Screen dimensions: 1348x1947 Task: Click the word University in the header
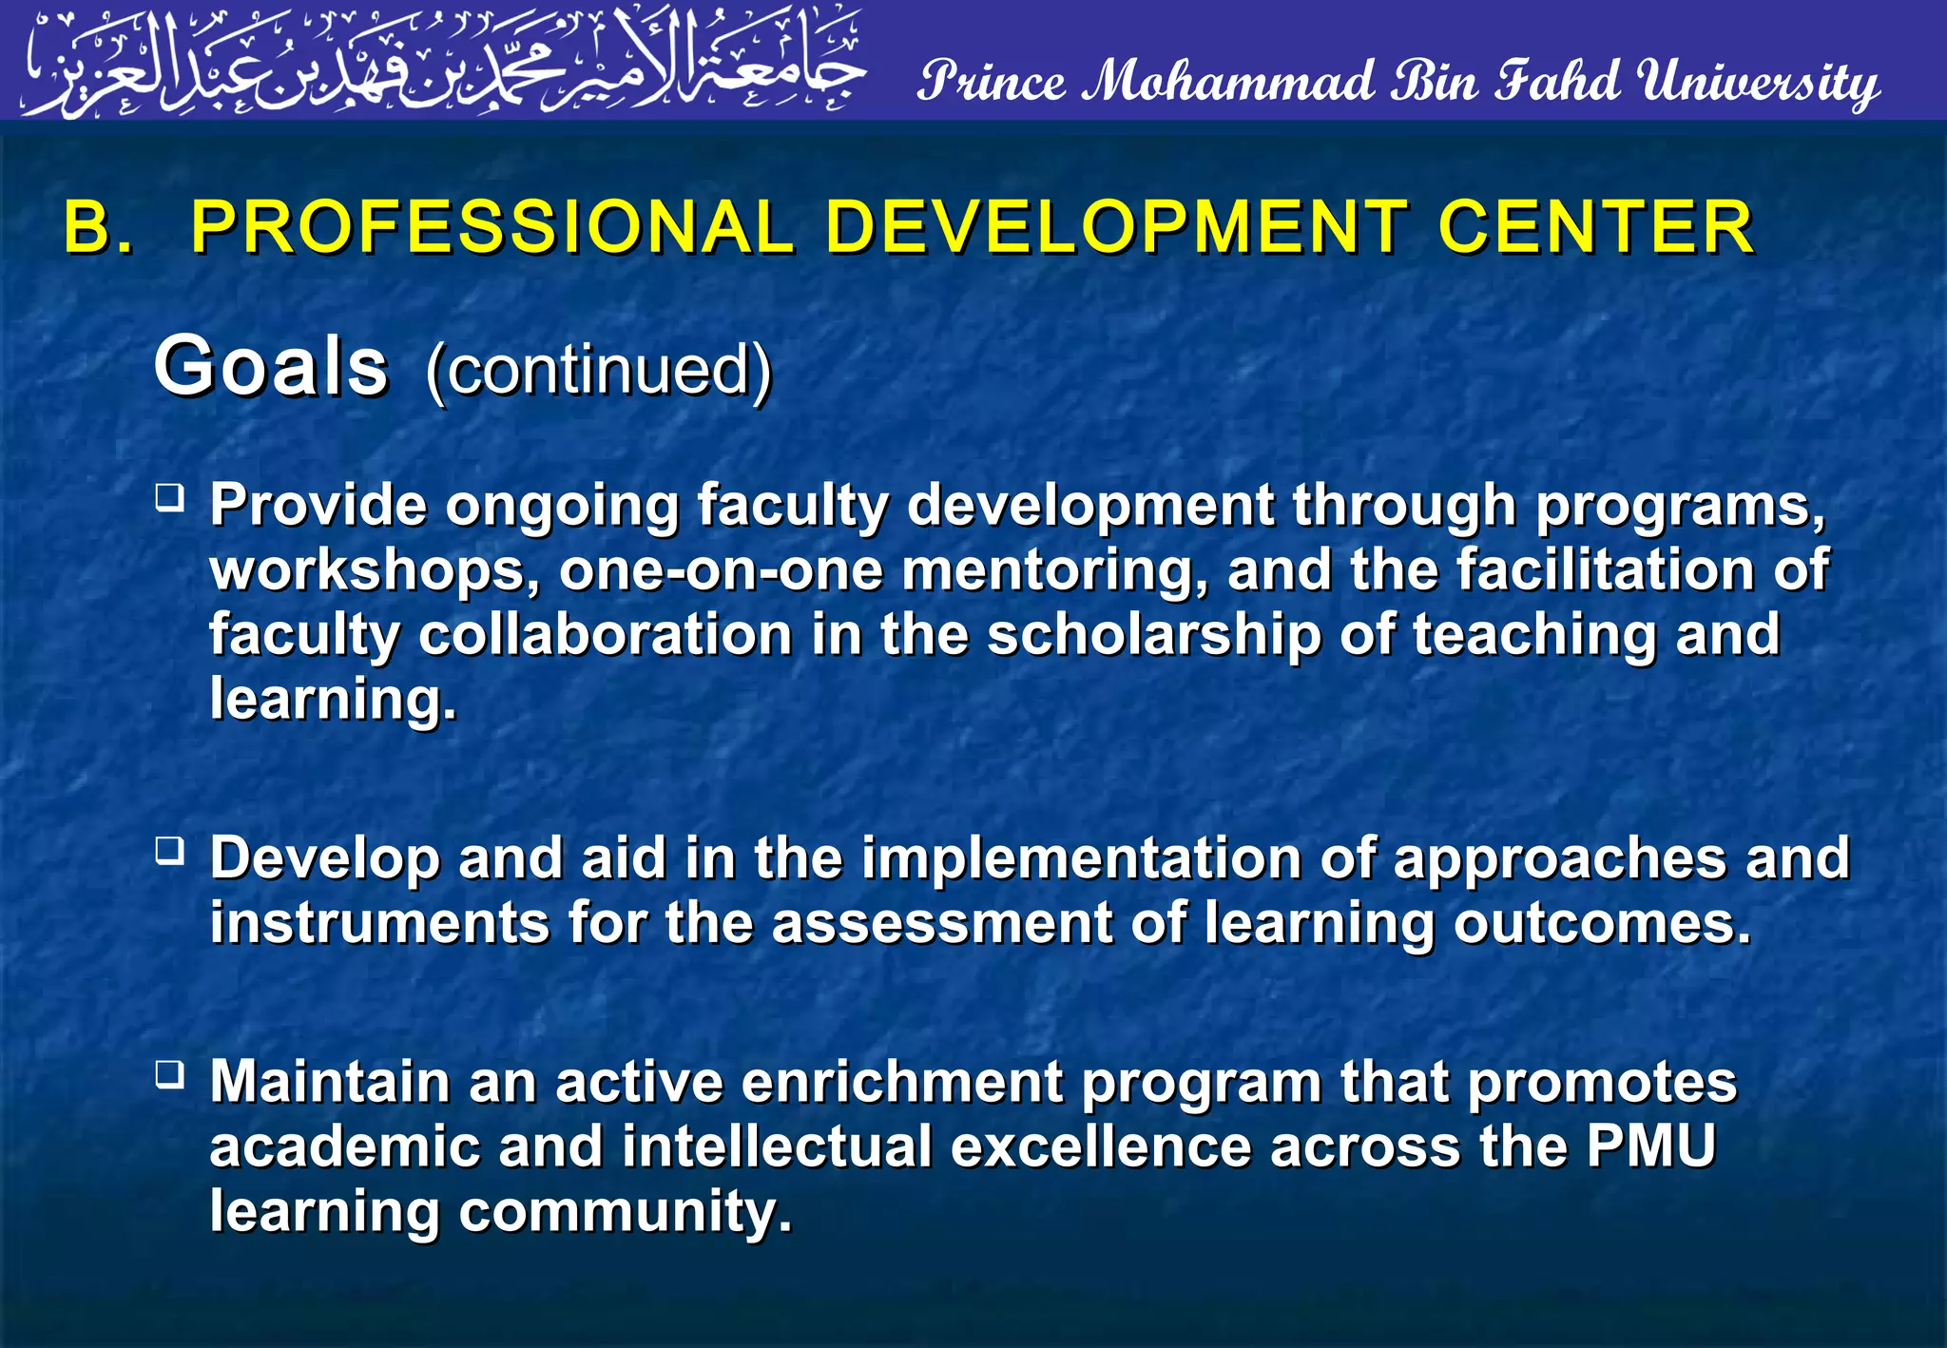click(x=1759, y=82)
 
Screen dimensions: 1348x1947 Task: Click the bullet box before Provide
click(x=170, y=497)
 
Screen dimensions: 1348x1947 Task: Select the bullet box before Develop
click(x=170, y=850)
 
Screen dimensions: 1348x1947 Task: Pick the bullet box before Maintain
click(x=170, y=1074)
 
